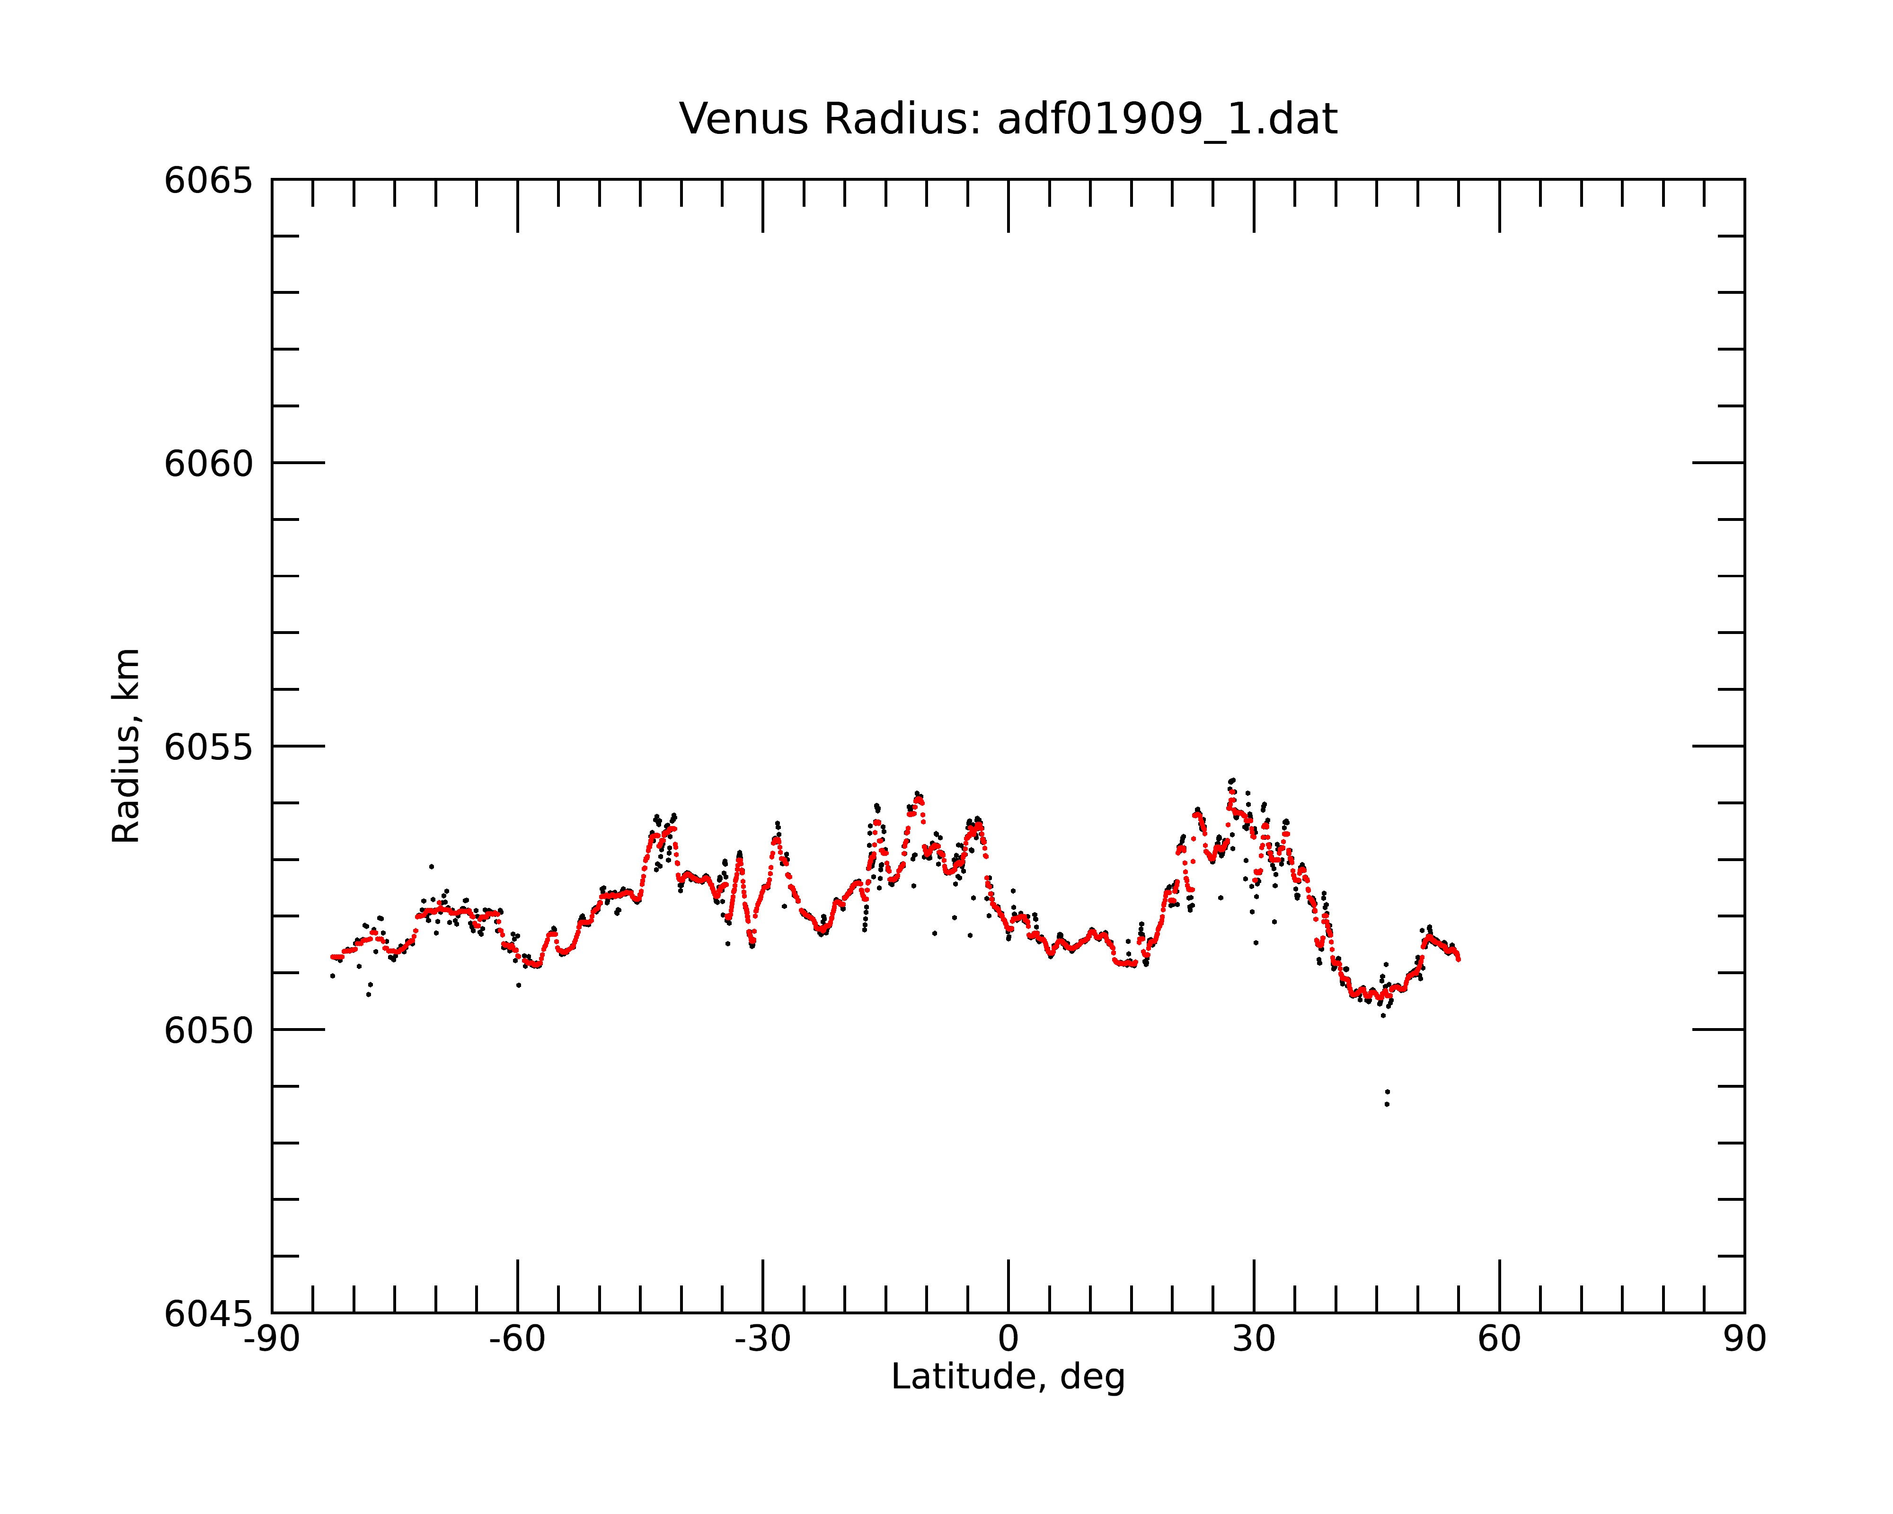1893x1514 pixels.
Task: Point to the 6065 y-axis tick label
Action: click(208, 181)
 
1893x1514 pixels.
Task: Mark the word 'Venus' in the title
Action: click(742, 119)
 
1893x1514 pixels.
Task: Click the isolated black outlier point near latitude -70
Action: click(431, 866)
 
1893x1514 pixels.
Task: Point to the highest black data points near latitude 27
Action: click(1232, 780)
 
